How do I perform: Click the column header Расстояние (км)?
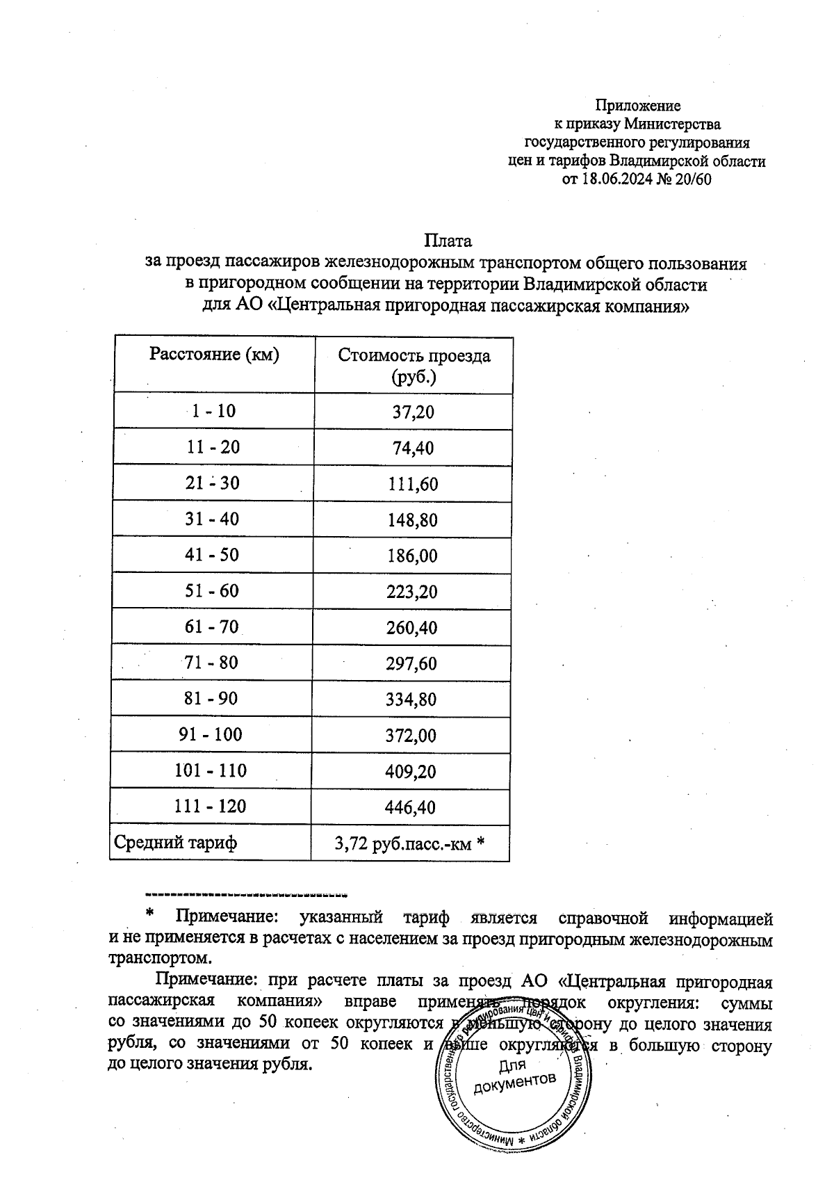point(214,355)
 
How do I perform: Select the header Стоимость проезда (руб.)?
point(414,366)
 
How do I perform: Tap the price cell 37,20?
point(413,412)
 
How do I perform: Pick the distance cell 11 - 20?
point(213,447)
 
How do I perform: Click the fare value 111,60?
point(413,484)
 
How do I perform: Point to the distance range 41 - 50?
point(212,555)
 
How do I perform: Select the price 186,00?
point(412,556)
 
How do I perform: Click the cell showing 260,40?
point(412,629)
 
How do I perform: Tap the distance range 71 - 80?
point(211,663)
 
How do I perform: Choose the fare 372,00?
point(411,736)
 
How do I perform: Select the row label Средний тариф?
point(175,843)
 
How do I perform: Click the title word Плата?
point(448,241)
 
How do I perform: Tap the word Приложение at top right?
point(637,106)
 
